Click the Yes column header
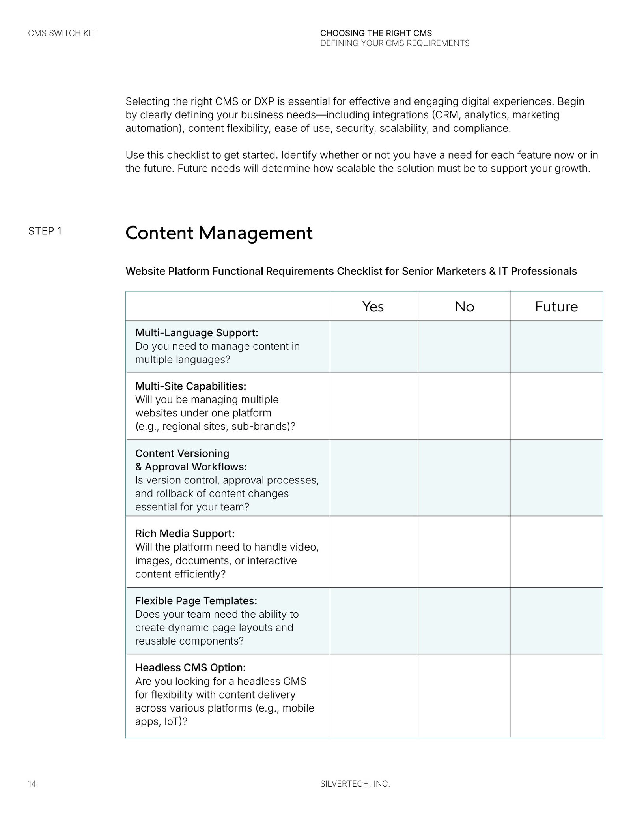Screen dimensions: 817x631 tap(373, 307)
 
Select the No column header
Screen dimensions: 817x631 tap(464, 307)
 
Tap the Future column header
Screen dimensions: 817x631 tap(556, 307)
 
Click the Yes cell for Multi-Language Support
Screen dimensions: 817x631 tap(373, 346)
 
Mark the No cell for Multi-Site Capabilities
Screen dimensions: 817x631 tap(464, 406)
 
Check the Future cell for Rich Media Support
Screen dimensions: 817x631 tap(556, 551)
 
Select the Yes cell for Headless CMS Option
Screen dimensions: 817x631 tap(373, 696)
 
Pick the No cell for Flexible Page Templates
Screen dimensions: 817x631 tap(464, 620)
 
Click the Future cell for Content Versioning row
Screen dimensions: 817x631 tap(556, 478)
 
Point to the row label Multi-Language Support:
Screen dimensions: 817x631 tap(196, 333)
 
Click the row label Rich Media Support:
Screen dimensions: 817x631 tap(185, 534)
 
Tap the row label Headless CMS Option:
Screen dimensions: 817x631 tap(190, 667)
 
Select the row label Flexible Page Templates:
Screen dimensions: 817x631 tap(196, 601)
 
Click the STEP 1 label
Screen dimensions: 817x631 tap(45, 231)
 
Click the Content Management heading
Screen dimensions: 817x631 tap(219, 233)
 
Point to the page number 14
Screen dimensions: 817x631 tap(32, 784)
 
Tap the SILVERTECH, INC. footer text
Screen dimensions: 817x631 tap(355, 784)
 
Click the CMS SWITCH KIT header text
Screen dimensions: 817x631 tap(62, 33)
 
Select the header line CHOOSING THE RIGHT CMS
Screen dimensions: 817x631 tap(376, 33)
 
